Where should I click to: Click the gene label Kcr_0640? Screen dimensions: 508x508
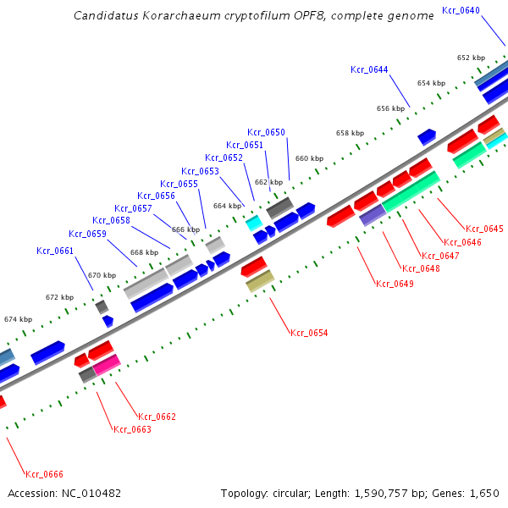pos(461,10)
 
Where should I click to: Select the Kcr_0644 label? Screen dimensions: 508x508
pos(369,69)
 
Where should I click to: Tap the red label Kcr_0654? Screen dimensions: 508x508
pos(308,334)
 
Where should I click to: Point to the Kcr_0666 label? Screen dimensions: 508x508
pos(44,474)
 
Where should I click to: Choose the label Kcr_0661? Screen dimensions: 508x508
pos(55,251)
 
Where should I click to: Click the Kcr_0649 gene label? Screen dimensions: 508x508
pos(395,284)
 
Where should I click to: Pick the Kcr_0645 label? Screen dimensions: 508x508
pos(484,229)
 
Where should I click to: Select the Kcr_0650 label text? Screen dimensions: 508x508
pos(266,132)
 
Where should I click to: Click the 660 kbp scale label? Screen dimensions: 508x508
pos(309,158)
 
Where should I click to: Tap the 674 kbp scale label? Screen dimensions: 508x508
pos(18,319)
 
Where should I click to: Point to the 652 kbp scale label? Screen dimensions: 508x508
pos(471,58)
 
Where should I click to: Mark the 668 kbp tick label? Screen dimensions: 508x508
pos(143,252)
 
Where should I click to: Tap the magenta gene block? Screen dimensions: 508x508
pos(107,365)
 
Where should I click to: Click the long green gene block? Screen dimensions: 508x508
pos(411,191)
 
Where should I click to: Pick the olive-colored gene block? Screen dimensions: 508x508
pos(260,282)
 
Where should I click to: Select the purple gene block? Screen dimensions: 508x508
pos(373,216)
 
